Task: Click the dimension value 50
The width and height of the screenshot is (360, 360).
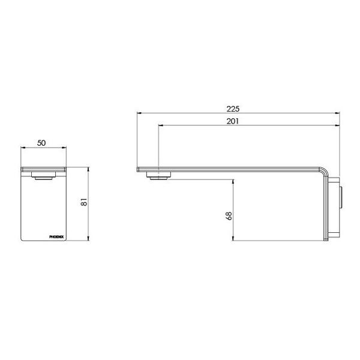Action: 42,143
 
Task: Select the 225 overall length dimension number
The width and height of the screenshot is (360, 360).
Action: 234,109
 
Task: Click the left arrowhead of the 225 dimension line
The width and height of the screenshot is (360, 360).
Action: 140,113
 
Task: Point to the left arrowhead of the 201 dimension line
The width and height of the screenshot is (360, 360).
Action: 160,125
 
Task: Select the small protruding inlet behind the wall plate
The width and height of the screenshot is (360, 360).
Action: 342,196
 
